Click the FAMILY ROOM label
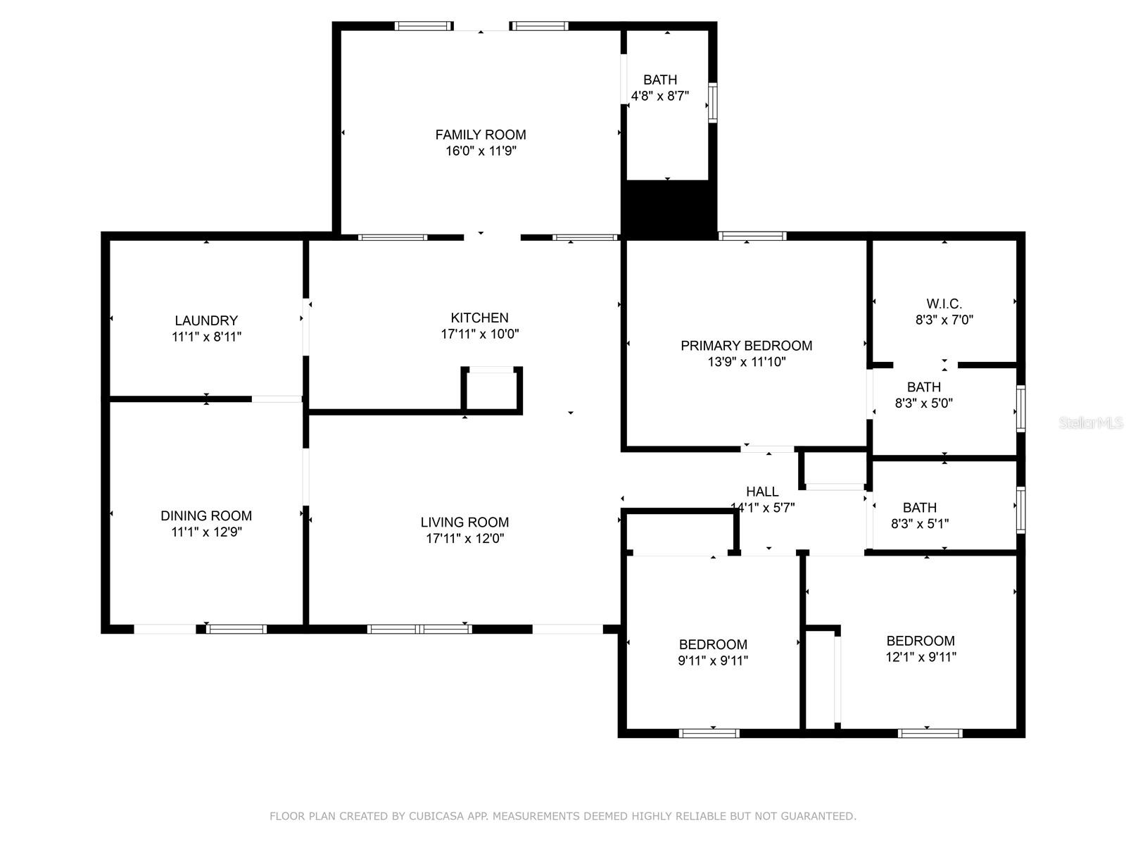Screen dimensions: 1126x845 (x=481, y=135)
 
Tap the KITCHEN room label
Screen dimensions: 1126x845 (x=480, y=318)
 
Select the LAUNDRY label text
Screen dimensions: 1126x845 (x=206, y=320)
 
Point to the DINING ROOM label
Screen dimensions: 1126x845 (x=206, y=515)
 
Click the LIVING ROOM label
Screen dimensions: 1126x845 (x=464, y=522)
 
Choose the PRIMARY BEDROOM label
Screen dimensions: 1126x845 (x=747, y=346)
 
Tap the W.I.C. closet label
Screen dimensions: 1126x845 (x=944, y=303)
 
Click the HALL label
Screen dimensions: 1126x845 (x=762, y=492)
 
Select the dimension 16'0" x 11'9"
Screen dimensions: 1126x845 (x=481, y=151)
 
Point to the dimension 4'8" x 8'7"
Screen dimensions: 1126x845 (x=659, y=96)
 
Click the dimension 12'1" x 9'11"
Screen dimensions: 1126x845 (x=921, y=657)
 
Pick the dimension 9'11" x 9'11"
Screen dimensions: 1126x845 (x=713, y=661)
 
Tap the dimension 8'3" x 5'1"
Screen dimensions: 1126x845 (x=920, y=524)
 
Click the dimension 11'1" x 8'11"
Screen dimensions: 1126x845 (x=206, y=337)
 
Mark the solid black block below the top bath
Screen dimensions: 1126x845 (x=669, y=209)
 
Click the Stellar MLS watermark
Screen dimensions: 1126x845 (x=1091, y=423)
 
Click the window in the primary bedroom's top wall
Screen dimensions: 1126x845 (x=752, y=236)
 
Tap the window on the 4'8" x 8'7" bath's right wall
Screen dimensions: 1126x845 (x=712, y=103)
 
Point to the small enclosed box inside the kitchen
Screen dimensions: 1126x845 (x=491, y=390)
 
